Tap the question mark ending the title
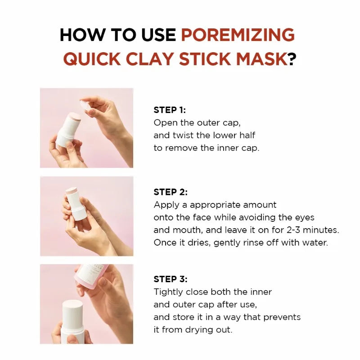point(292,59)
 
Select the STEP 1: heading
point(170,110)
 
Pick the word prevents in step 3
point(282,317)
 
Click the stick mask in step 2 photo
point(77,205)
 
